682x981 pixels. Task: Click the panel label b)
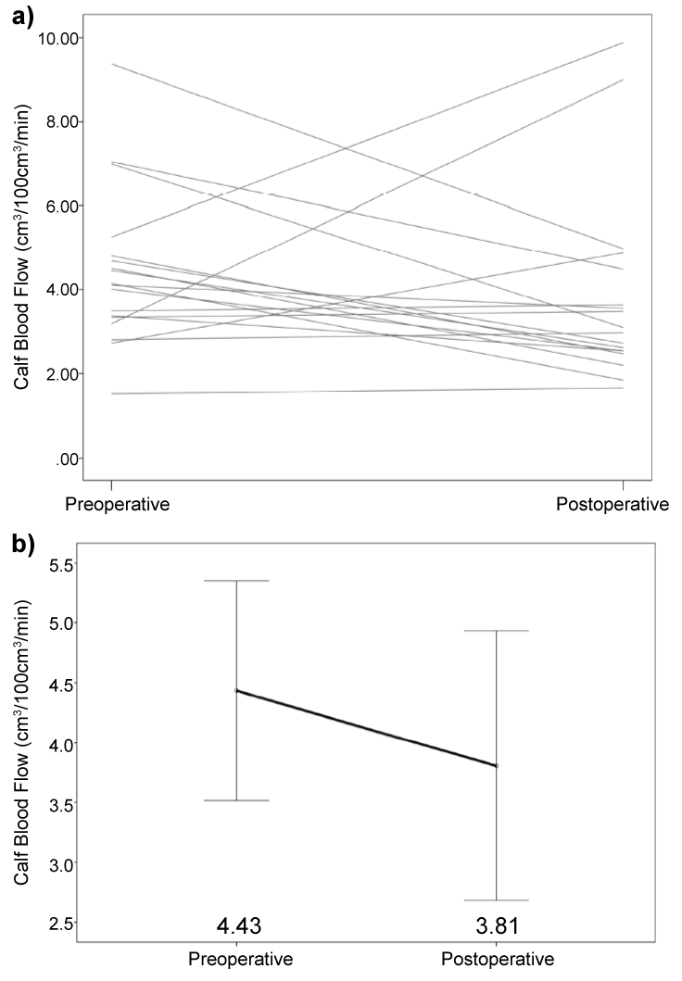pyautogui.click(x=23, y=544)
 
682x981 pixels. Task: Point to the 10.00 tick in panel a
pyautogui.click(x=57, y=37)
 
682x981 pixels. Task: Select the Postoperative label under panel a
pyautogui.click(x=613, y=505)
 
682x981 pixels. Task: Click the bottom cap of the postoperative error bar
pyautogui.click(x=498, y=899)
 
